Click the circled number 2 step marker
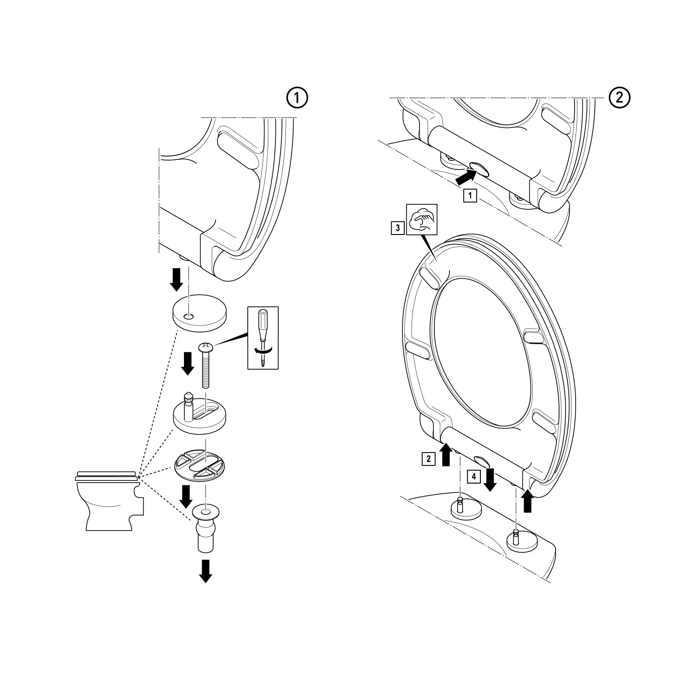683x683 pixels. point(620,97)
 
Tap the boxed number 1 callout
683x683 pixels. point(470,196)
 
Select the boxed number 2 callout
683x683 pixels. point(428,459)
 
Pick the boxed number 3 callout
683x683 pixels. point(398,227)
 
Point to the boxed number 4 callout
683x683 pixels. point(474,477)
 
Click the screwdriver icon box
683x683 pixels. point(262,337)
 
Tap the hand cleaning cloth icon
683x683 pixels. point(421,219)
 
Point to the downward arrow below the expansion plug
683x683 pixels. point(206,571)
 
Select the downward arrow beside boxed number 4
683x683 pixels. point(490,480)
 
